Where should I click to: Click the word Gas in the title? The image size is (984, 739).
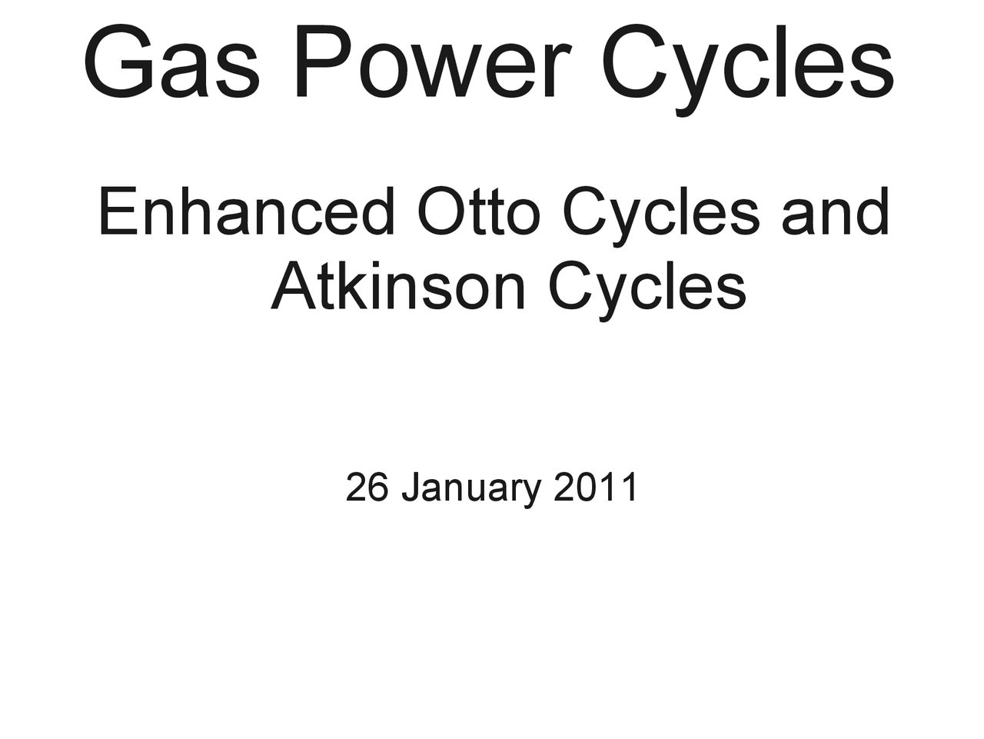click(171, 63)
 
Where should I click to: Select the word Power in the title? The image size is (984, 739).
click(431, 63)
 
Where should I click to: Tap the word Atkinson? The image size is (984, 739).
click(398, 286)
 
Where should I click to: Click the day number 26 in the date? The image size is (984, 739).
click(367, 488)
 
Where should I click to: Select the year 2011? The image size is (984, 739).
click(595, 488)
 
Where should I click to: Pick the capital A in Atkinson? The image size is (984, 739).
click(293, 286)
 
